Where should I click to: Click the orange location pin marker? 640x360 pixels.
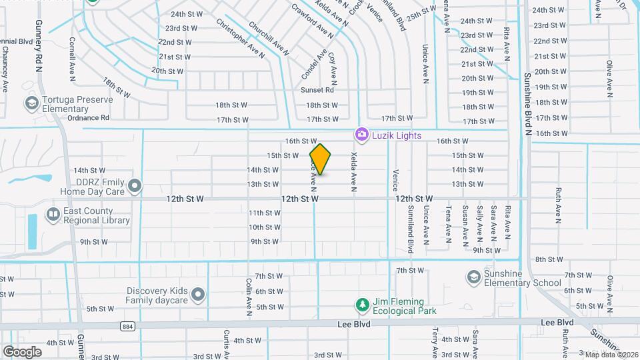click(321, 159)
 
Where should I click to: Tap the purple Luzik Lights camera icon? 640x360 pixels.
click(362, 135)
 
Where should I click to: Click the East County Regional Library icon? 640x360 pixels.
click(53, 215)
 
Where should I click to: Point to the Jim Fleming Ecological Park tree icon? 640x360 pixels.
click(362, 305)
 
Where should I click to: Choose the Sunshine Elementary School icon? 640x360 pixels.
click(473, 277)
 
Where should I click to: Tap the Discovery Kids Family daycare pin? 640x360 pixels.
click(197, 294)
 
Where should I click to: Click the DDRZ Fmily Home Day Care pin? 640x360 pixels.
click(135, 186)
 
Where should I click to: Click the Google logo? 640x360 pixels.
click(22, 351)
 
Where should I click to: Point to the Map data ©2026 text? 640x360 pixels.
click(611, 354)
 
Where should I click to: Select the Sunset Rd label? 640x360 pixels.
click(317, 90)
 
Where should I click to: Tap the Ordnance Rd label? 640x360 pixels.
click(88, 118)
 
